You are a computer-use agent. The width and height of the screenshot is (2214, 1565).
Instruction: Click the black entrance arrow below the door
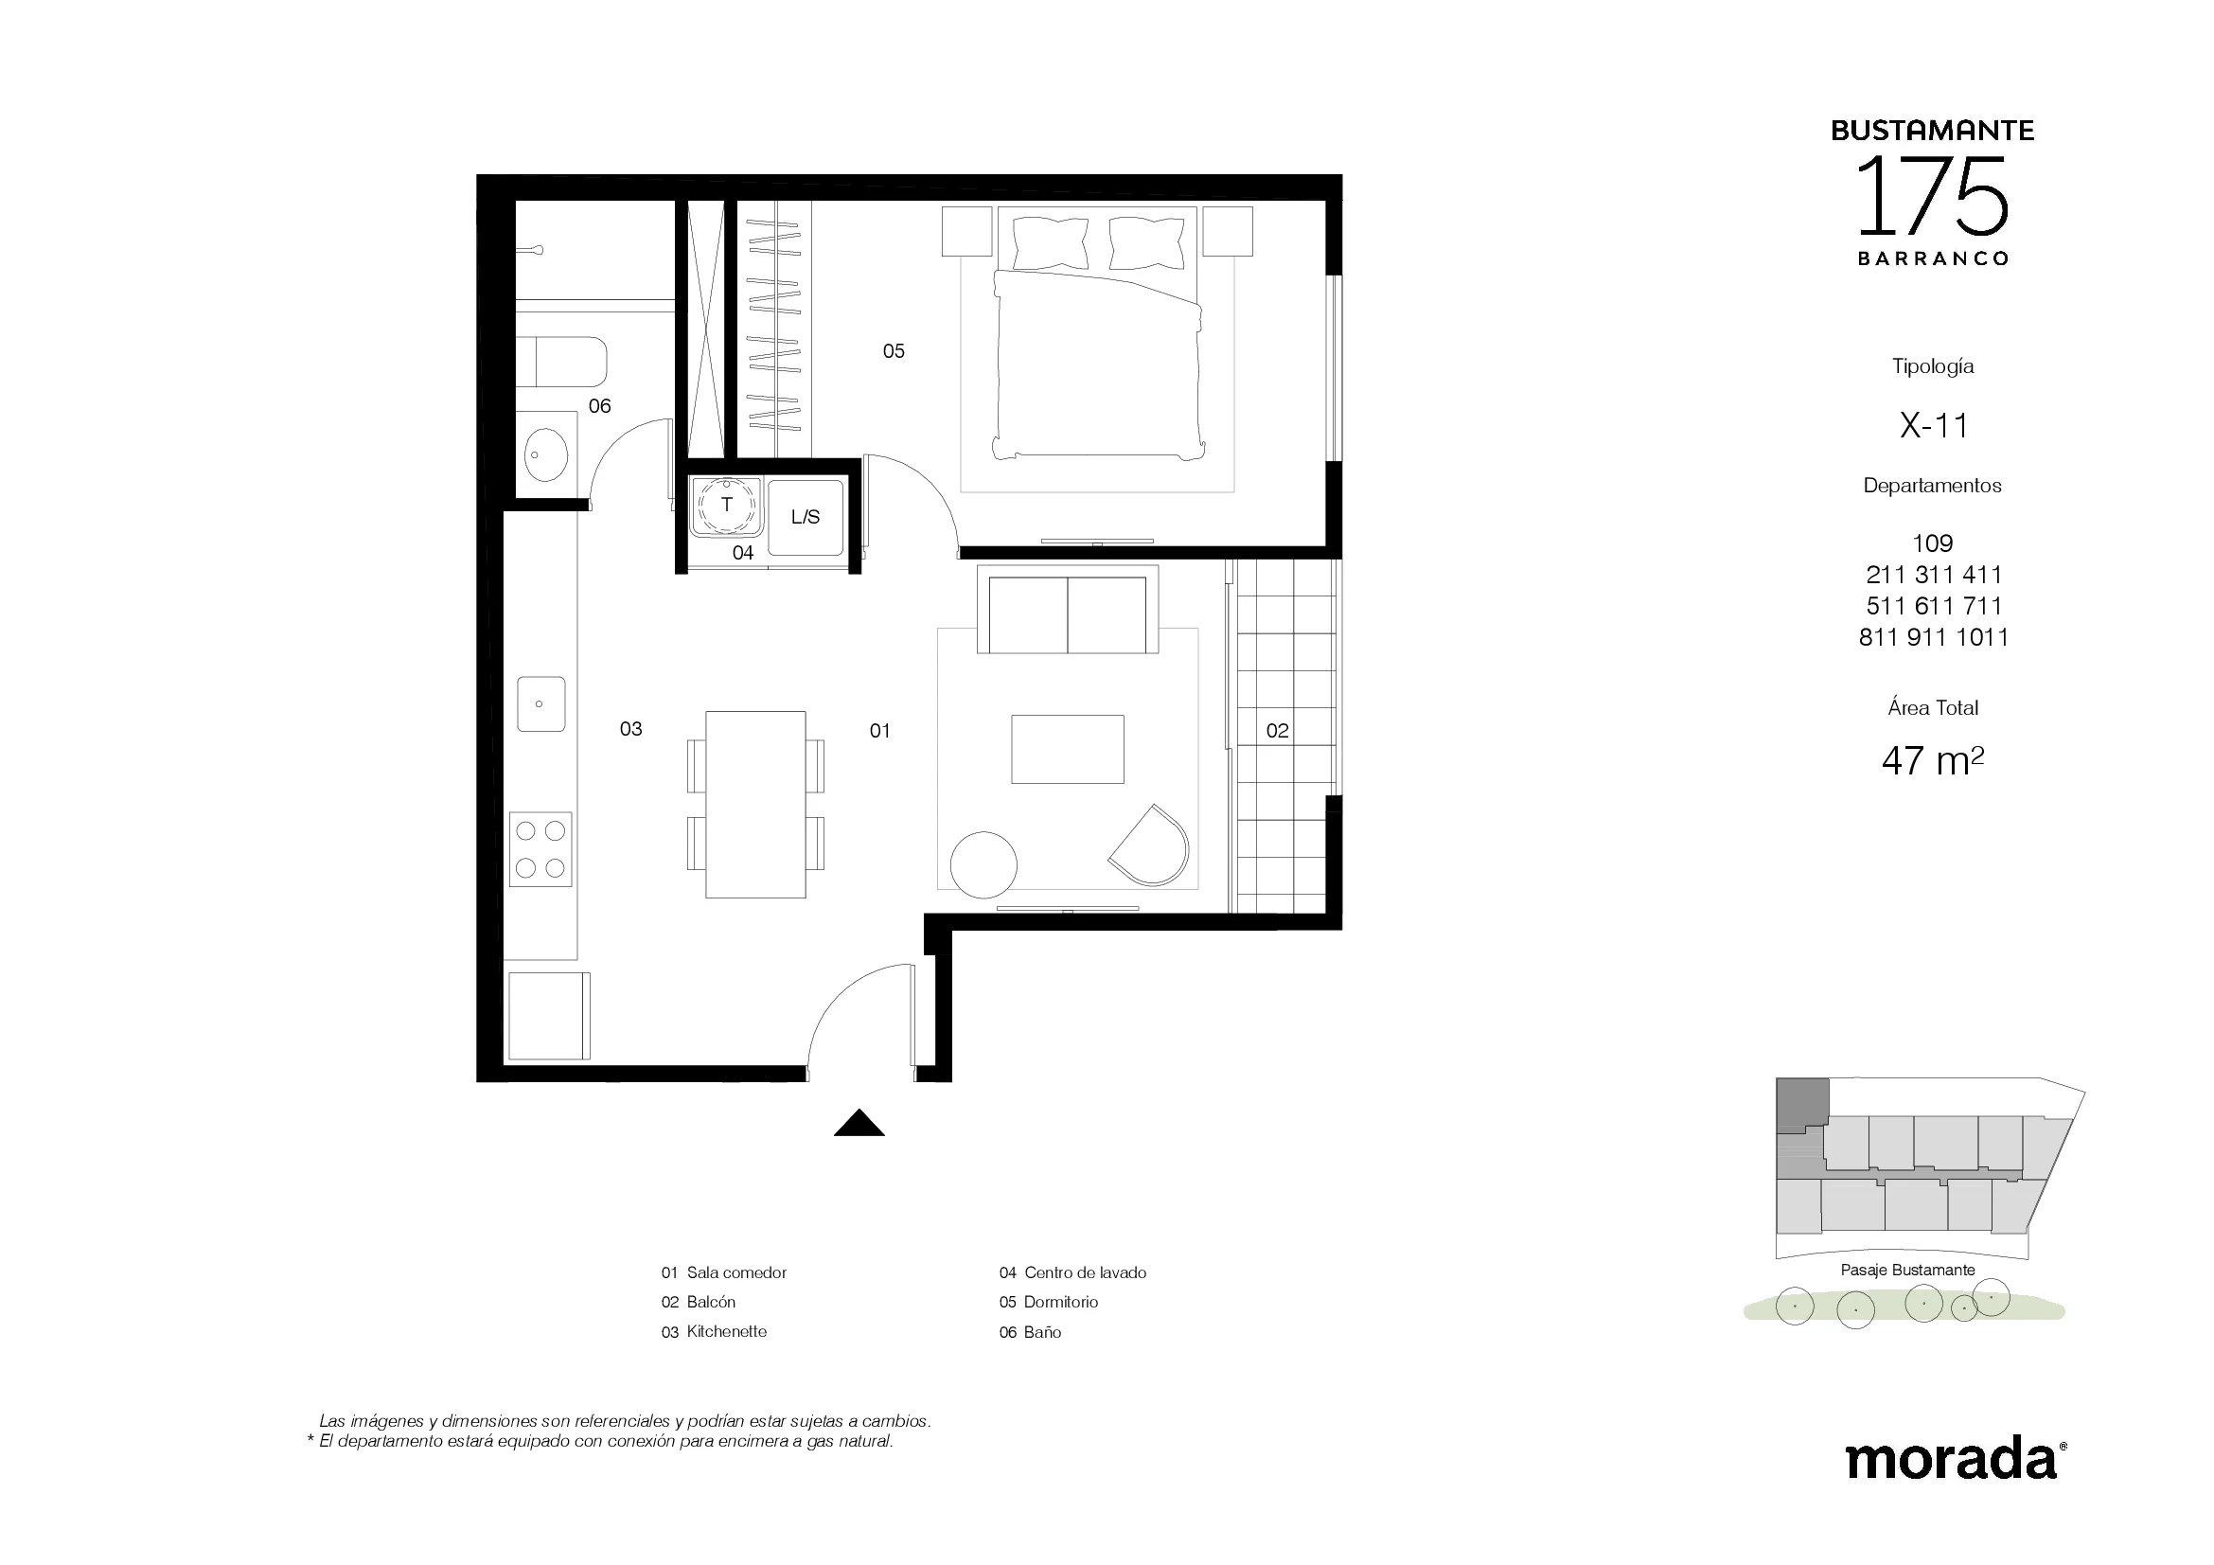pyautogui.click(x=859, y=1124)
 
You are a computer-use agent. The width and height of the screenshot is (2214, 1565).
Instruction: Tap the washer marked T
pyautogui.click(x=726, y=507)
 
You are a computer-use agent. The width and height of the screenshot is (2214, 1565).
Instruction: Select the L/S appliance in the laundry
pyautogui.click(x=806, y=518)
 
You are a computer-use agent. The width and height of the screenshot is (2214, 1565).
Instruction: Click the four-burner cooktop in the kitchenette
pyautogui.click(x=540, y=849)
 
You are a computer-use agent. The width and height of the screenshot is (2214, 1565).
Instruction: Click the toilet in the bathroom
pyautogui.click(x=561, y=362)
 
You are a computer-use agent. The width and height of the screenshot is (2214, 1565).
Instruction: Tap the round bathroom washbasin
pyautogui.click(x=547, y=454)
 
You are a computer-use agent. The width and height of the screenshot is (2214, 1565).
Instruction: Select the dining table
pyautogui.click(x=755, y=804)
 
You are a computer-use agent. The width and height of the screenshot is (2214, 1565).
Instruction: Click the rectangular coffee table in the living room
pyautogui.click(x=1068, y=749)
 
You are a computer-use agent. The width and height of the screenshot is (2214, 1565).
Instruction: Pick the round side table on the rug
pyautogui.click(x=983, y=865)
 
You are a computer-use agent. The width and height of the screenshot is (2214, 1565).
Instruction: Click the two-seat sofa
pyautogui.click(x=1068, y=610)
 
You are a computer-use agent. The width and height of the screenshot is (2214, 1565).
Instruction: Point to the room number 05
pyautogui.click(x=894, y=351)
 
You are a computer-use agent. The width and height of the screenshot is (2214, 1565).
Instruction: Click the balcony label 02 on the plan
pyautogui.click(x=1278, y=731)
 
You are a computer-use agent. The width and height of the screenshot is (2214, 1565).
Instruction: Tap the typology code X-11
pyautogui.click(x=1934, y=425)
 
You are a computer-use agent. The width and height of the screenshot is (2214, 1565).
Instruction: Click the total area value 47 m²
pyautogui.click(x=1933, y=761)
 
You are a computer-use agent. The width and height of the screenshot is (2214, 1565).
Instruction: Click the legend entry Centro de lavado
pyautogui.click(x=1085, y=1272)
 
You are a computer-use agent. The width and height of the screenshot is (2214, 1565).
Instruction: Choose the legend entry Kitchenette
pyautogui.click(x=726, y=1332)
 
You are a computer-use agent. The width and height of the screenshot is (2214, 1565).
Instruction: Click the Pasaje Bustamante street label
pyautogui.click(x=1907, y=1270)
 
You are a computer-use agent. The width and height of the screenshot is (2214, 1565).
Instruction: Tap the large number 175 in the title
pyautogui.click(x=1933, y=198)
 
